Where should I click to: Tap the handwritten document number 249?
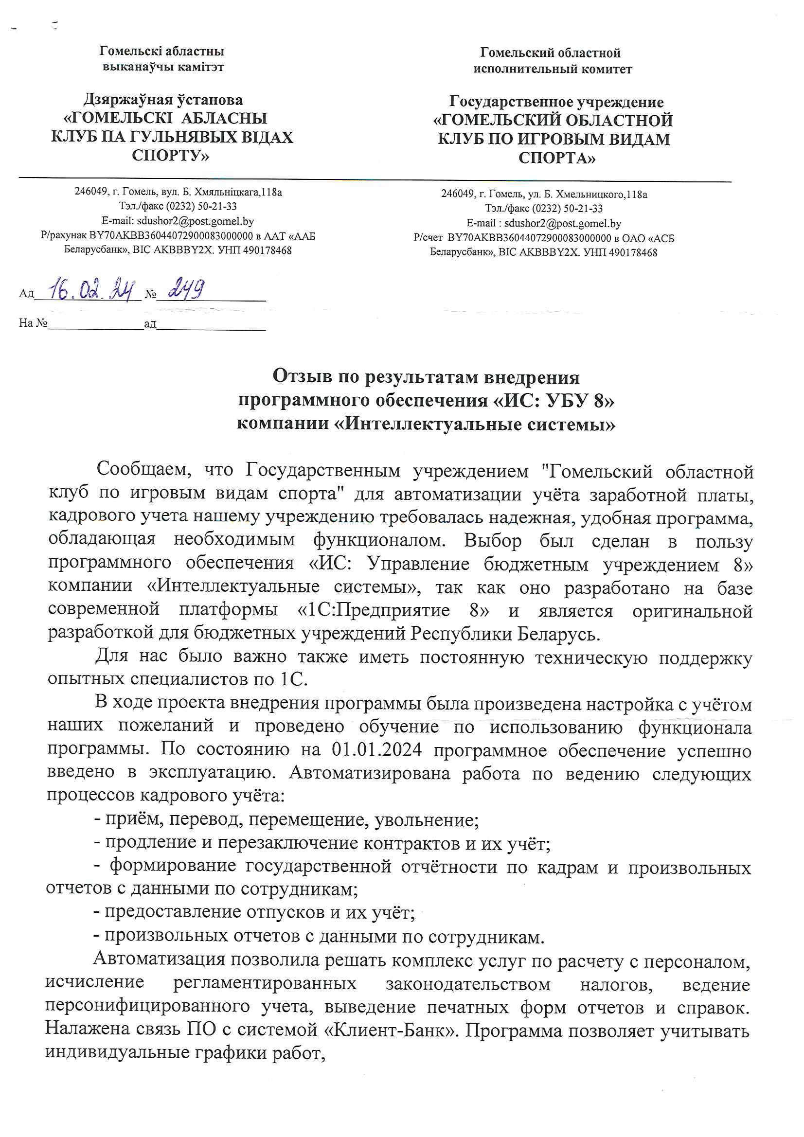(186, 288)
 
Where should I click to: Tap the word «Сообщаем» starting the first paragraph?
(143, 468)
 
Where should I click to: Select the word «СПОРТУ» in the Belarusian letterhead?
(170, 156)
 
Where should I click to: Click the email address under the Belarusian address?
(195, 221)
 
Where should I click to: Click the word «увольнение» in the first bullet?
(427, 820)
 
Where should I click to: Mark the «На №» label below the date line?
(33, 323)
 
